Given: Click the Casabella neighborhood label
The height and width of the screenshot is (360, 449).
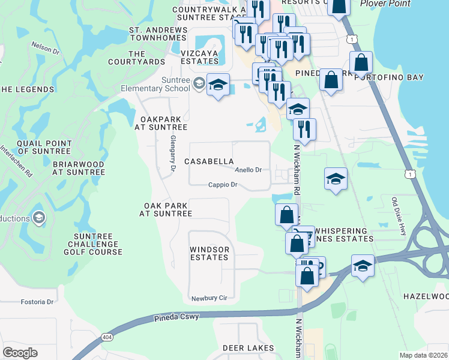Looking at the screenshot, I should pos(209,161).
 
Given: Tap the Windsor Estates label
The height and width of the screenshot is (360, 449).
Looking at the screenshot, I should pos(209,253).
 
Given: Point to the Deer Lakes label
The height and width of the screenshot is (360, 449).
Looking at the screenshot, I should pos(249,348).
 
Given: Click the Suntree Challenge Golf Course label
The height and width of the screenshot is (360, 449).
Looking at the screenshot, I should pos(94,244).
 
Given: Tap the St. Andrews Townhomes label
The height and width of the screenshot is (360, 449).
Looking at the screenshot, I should pos(158,34).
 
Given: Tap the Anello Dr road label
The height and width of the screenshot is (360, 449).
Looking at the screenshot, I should pos(248,170).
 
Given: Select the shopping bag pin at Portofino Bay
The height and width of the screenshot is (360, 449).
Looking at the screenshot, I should pos(361,62).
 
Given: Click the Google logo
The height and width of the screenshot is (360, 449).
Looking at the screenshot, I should pos(20,353).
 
